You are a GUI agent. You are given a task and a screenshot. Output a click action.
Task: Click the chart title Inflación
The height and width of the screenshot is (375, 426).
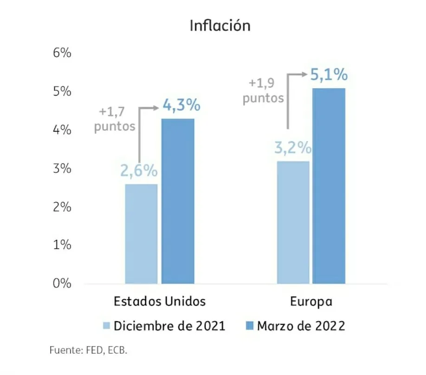pos(219,26)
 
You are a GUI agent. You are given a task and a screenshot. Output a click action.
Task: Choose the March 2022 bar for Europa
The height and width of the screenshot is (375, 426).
pos(329,186)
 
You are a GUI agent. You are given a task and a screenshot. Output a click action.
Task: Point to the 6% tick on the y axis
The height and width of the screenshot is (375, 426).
pos(62,53)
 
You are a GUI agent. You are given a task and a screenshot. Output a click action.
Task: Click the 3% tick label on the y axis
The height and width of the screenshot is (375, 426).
pos(62,168)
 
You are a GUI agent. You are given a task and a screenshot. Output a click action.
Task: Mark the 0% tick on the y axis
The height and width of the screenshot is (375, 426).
pos(62,284)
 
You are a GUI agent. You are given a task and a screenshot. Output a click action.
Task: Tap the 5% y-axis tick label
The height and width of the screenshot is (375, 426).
pos(62,91)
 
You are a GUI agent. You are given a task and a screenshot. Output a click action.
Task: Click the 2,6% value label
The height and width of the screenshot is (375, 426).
pos(139,171)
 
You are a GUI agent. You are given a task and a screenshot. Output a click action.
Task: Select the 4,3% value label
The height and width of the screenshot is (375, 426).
pos(181,105)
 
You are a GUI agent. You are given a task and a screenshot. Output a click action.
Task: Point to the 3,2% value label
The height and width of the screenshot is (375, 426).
pos(292,148)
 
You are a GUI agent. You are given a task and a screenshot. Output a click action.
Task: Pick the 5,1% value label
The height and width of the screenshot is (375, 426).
pos(329,74)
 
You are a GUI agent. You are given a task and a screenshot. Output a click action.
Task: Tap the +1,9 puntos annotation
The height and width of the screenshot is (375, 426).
pos(264,91)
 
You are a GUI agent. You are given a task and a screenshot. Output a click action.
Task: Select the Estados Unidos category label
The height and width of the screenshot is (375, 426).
pos(159,302)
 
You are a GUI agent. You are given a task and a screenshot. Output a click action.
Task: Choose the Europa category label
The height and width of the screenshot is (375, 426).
pos(311,302)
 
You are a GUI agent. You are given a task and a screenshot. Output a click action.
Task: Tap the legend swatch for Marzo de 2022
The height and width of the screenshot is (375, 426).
pos(249,326)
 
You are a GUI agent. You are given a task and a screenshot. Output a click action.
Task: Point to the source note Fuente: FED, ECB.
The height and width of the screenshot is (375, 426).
pos(88,350)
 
